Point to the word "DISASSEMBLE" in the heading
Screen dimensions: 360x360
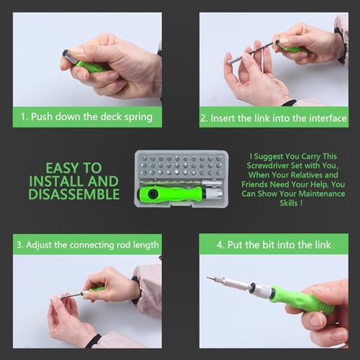[x=74, y=194]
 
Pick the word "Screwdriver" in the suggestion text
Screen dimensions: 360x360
[x=268, y=166]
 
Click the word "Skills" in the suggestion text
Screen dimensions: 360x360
[x=289, y=203]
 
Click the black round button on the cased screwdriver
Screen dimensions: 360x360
[x=152, y=194]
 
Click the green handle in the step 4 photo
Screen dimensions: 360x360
[x=302, y=300]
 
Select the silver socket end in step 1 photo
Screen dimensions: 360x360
[x=70, y=57]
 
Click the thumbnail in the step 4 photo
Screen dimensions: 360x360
[x=315, y=319]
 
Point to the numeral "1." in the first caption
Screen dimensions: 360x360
[x=24, y=117]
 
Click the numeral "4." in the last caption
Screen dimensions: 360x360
[x=220, y=245]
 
